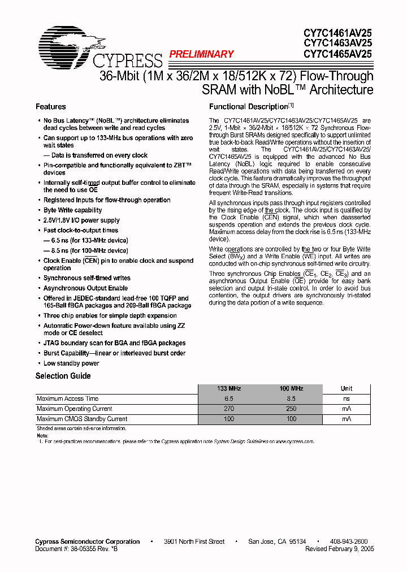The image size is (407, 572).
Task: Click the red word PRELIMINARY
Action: click(201, 54)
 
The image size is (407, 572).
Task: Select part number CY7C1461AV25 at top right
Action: click(337, 33)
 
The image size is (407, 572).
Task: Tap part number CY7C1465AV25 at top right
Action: click(337, 54)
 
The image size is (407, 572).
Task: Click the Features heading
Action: click(50, 107)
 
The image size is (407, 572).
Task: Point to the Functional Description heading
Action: click(249, 107)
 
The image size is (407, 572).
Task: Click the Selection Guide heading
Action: click(63, 376)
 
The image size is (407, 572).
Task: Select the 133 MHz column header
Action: click(229, 388)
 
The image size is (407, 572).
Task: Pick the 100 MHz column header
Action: click(291, 388)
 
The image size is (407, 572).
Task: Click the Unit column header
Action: click(347, 388)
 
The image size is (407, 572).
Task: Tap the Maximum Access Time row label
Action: click(67, 398)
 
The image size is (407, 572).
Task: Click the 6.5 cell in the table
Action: click(229, 398)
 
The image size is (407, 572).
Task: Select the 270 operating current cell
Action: click(229, 409)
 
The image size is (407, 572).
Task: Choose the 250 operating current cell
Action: click(291, 409)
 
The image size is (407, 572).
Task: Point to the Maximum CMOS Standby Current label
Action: click(82, 419)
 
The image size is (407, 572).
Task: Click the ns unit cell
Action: click(347, 398)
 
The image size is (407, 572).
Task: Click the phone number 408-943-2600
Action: click(348, 541)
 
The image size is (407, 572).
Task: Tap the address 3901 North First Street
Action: click(194, 541)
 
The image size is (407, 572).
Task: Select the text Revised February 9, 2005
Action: click(339, 549)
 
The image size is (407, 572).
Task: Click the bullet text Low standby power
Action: click(71, 363)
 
